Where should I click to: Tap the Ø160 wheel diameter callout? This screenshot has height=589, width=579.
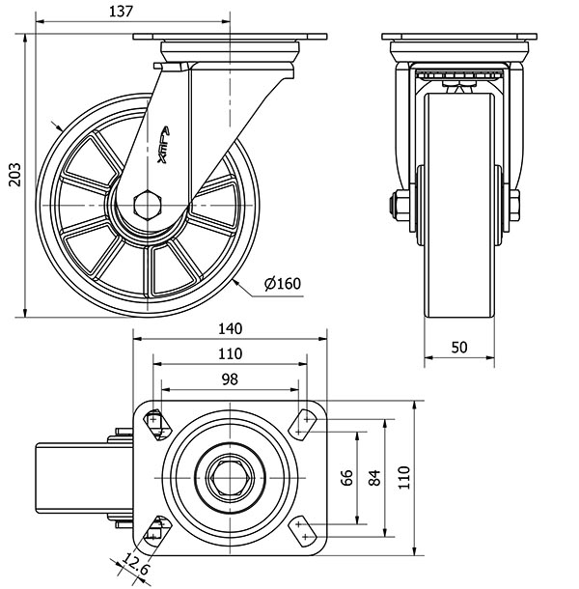tap(283, 283)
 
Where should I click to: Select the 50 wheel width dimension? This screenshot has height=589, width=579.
tap(459, 346)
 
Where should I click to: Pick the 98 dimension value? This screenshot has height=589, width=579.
tap(230, 379)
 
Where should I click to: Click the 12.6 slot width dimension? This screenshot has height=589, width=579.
tap(134, 565)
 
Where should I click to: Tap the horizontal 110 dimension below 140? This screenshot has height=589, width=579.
tap(230, 354)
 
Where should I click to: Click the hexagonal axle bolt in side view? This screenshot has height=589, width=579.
tap(149, 204)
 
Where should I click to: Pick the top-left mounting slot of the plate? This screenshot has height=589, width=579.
tap(155, 420)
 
